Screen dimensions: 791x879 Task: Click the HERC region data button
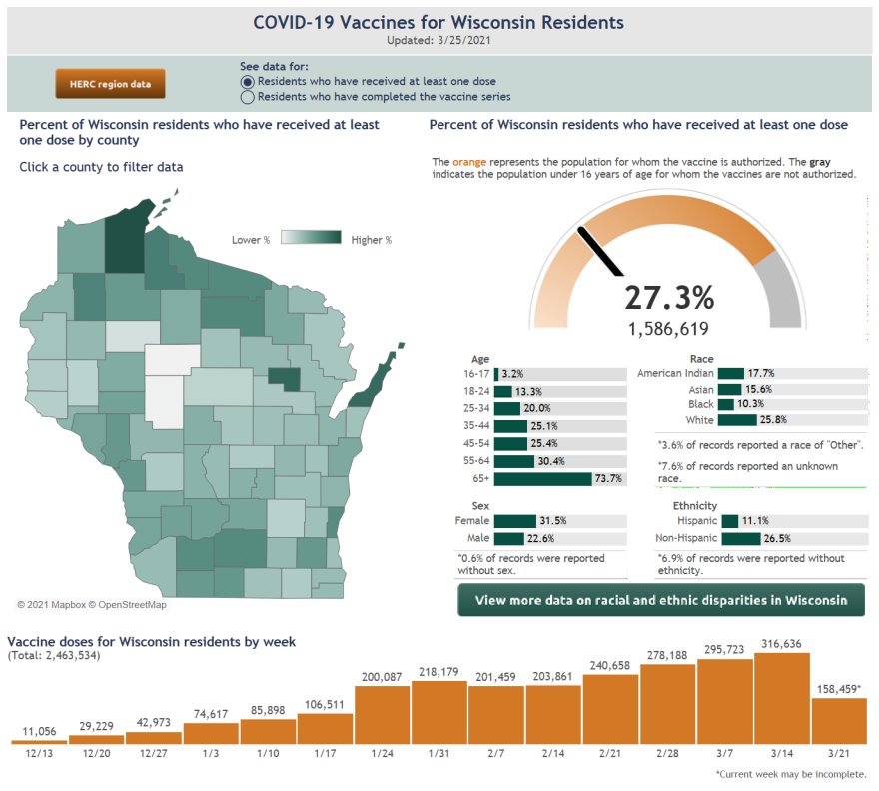(x=110, y=84)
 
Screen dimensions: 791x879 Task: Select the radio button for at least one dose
(x=247, y=82)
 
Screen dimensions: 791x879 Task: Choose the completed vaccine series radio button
(x=247, y=98)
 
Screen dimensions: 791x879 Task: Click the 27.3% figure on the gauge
(x=669, y=297)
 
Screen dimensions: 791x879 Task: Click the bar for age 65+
(x=543, y=479)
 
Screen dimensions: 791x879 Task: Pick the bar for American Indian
(x=730, y=373)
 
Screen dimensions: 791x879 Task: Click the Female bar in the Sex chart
(x=515, y=521)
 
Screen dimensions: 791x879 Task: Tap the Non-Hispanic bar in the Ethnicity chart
(x=740, y=539)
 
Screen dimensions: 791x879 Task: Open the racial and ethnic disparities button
(x=661, y=601)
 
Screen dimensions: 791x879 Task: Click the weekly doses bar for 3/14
(x=781, y=698)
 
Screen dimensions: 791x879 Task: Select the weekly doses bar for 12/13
(x=39, y=741)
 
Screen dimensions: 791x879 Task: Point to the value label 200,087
(x=384, y=678)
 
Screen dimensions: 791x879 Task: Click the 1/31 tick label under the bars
(x=439, y=752)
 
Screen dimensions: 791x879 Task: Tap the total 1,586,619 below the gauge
(x=668, y=328)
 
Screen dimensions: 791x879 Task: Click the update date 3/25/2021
(x=460, y=41)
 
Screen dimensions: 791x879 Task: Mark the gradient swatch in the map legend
(x=310, y=239)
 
